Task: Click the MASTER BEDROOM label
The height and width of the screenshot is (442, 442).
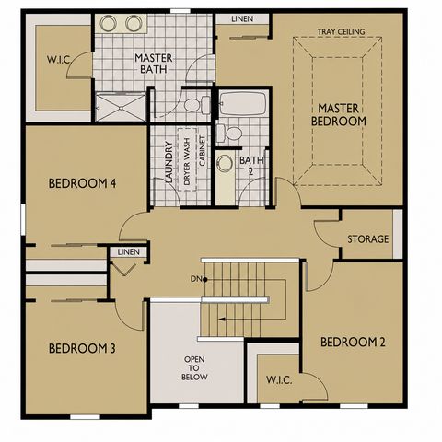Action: pyautogui.click(x=339, y=115)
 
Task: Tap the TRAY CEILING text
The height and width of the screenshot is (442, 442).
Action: pyautogui.click(x=341, y=31)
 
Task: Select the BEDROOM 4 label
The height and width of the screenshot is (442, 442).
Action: pyautogui.click(x=82, y=183)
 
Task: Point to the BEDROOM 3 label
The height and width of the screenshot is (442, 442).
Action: pyautogui.click(x=82, y=348)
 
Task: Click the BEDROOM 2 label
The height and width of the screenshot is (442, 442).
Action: pyautogui.click(x=353, y=342)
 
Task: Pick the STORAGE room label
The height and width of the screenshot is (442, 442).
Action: pyautogui.click(x=367, y=239)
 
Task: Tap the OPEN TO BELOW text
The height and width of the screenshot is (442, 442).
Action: pyautogui.click(x=194, y=368)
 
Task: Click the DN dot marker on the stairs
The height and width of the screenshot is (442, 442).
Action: pyautogui.click(x=204, y=279)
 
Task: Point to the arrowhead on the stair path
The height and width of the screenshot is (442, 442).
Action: pyautogui.click(x=221, y=320)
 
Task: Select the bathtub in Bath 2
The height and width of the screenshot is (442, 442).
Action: pyautogui.click(x=243, y=103)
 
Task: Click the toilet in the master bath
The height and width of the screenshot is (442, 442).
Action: pyautogui.click(x=197, y=104)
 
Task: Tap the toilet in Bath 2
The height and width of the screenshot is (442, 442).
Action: pyautogui.click(x=229, y=134)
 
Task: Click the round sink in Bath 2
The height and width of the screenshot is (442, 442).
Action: pyautogui.click(x=225, y=163)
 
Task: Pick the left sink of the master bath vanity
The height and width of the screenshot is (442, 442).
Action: pyautogui.click(x=108, y=23)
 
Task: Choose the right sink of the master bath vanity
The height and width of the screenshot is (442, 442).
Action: pyautogui.click(x=134, y=23)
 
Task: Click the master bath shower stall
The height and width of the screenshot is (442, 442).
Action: pyautogui.click(x=121, y=107)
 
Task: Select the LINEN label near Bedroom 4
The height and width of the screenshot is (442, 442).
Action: pyautogui.click(x=129, y=252)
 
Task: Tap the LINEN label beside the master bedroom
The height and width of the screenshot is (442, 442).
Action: pyautogui.click(x=242, y=18)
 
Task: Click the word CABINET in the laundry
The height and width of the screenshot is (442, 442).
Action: pyautogui.click(x=203, y=151)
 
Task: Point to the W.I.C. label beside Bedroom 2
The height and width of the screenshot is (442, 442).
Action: pyautogui.click(x=279, y=380)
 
